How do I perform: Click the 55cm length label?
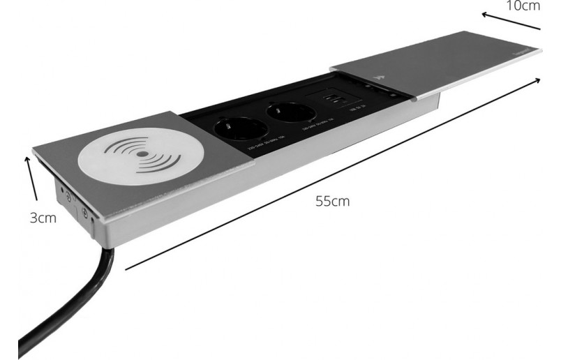(x=331, y=202)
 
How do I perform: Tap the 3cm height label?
(x=43, y=218)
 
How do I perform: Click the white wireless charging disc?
(x=140, y=154)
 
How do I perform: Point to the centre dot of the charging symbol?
(x=142, y=153)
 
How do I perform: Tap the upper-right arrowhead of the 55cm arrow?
(x=539, y=80)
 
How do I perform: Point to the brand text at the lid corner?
(x=528, y=52)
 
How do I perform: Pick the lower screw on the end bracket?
(x=84, y=214)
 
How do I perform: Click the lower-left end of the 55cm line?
(x=126, y=268)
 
